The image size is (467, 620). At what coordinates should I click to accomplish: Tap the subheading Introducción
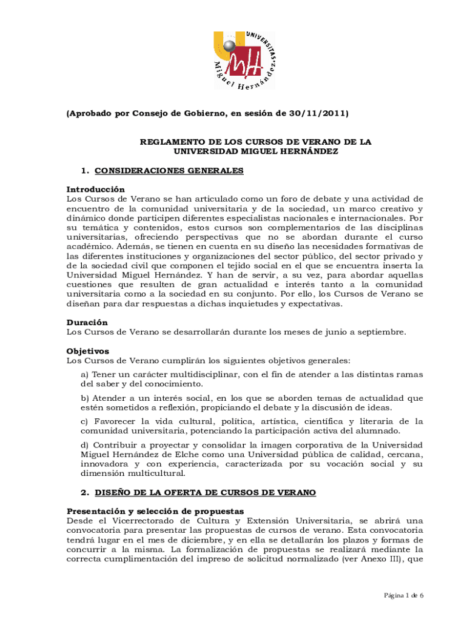coord(95,190)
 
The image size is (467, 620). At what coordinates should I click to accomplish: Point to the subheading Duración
coord(87,323)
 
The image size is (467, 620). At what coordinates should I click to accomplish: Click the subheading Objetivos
coord(87,351)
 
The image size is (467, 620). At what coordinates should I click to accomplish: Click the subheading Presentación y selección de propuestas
coord(155,512)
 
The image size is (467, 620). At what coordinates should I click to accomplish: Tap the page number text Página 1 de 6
coord(404,595)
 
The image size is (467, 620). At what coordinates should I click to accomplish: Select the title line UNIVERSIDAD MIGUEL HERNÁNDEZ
coord(255,151)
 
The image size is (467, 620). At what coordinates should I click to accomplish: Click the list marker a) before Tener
coord(85,375)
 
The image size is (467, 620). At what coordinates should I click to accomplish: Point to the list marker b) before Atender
coord(85,398)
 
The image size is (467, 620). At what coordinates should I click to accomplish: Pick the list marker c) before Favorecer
coord(84,421)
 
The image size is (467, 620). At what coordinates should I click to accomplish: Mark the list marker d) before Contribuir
coord(85,444)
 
